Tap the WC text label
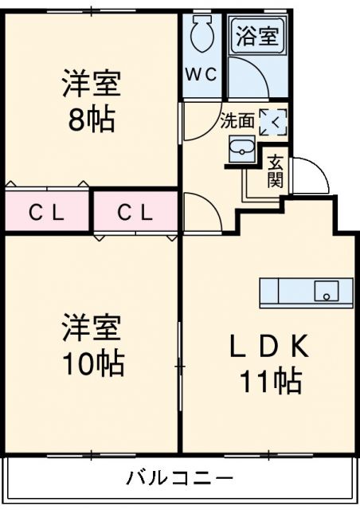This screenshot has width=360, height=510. point(201,75)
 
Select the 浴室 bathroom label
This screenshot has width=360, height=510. point(256,37)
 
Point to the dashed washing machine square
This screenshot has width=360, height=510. point(272,122)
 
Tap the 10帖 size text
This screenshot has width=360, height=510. point(93,363)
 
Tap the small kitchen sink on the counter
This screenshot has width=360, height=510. point(325,292)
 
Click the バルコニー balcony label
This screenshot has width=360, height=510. point(179,479)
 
